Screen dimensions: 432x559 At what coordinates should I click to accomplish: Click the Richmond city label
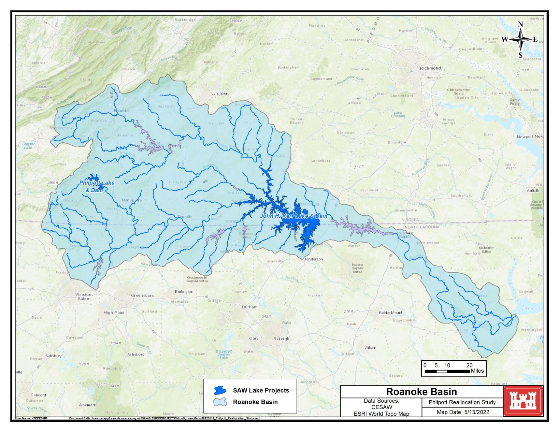pos(430,68)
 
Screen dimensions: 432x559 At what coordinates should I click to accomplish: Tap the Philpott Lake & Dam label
pos(97,186)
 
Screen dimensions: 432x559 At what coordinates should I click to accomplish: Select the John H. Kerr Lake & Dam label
pos(293,216)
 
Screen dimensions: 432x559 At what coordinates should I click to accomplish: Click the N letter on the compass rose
pos(520,24)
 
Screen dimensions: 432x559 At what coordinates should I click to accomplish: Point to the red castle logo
pos(523,401)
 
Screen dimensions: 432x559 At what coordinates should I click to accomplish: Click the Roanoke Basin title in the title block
pos(421,391)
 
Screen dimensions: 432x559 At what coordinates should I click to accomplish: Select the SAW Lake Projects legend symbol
pos(220,390)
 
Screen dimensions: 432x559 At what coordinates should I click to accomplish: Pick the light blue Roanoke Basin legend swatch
pos(220,402)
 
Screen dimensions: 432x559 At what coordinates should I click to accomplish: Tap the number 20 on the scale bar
pos(469,365)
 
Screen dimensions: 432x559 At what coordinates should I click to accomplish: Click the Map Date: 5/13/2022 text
pos(463,412)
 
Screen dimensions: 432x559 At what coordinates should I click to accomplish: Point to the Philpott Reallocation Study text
pos(462,402)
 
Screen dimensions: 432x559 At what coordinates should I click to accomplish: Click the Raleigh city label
pos(281,339)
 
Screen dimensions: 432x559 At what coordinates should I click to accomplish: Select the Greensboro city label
pos(142,296)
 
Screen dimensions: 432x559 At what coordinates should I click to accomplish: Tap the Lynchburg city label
pos(220,93)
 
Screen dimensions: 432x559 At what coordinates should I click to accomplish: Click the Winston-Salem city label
pos(84,297)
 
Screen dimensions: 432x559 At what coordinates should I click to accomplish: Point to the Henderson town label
pos(313,259)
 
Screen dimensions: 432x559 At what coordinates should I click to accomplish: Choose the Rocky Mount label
pos(390,313)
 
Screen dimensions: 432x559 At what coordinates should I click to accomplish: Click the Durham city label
pos(249,307)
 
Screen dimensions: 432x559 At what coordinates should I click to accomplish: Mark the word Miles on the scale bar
pos(477,371)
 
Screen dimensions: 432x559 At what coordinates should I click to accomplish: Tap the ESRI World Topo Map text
pos(381,414)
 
